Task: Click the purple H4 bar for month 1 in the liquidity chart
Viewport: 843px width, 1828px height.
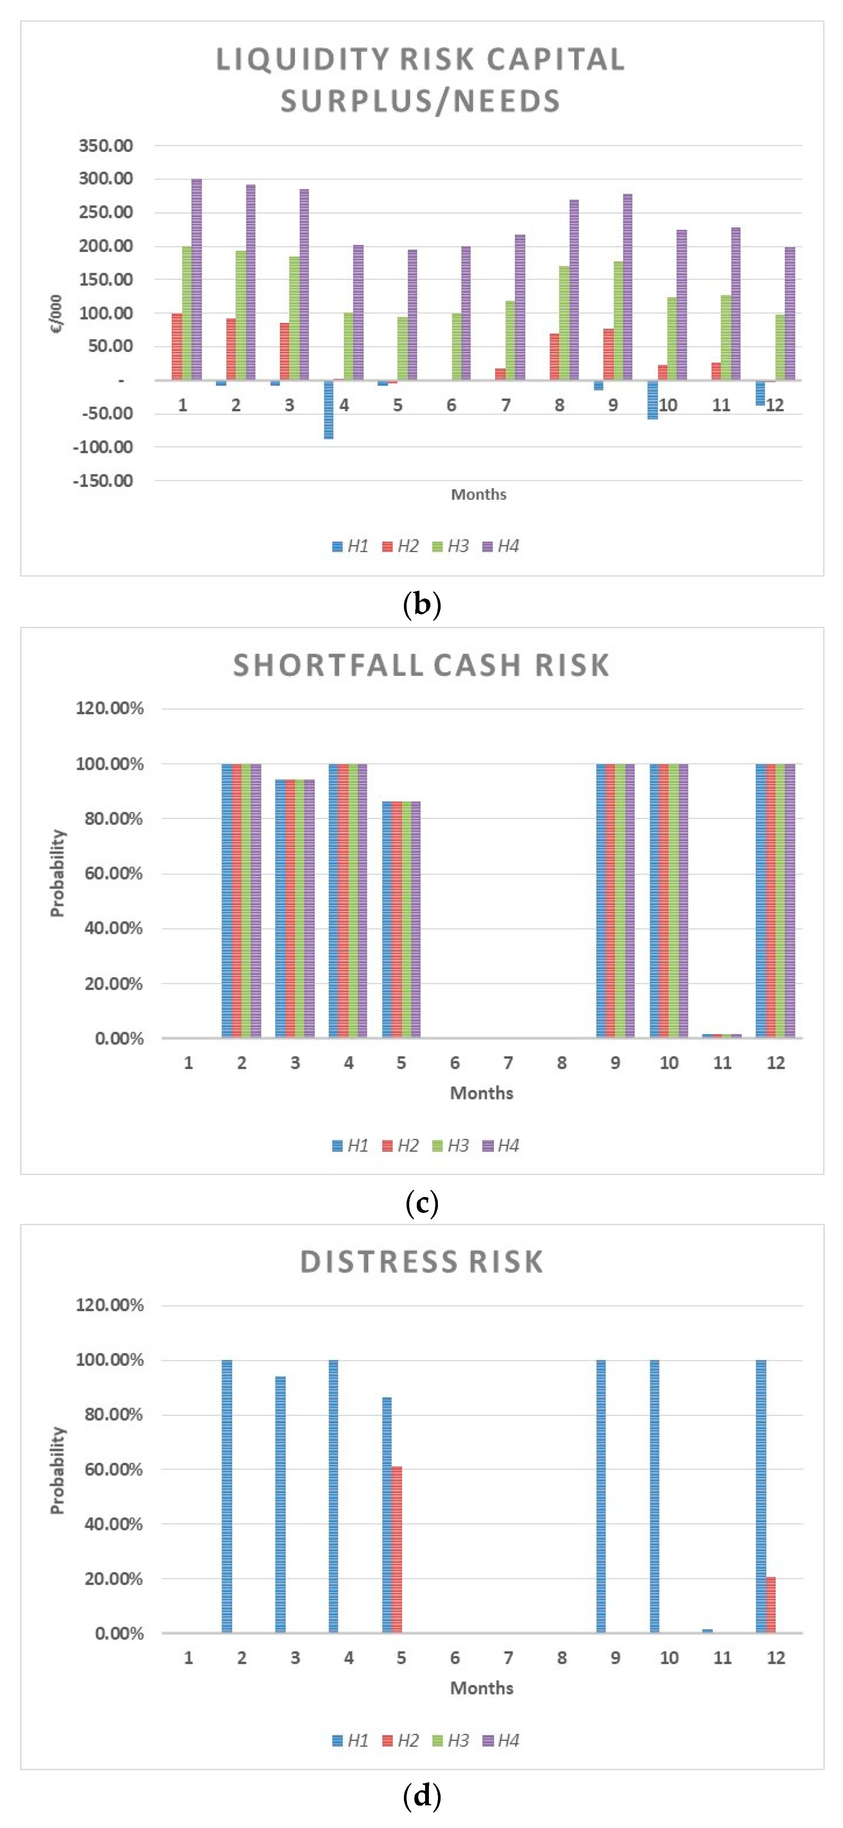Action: coord(197,280)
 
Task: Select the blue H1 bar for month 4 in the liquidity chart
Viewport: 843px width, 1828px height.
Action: coord(329,409)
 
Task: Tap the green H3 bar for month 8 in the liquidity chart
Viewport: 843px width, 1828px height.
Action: coord(564,323)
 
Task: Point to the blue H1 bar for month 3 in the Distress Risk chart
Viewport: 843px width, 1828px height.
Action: coord(280,1504)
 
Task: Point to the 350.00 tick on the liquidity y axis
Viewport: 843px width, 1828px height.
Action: coord(106,146)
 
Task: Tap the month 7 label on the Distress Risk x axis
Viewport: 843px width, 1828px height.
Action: coord(508,1658)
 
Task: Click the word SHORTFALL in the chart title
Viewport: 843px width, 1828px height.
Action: coord(328,665)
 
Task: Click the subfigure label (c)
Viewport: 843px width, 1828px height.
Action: coord(421,1202)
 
